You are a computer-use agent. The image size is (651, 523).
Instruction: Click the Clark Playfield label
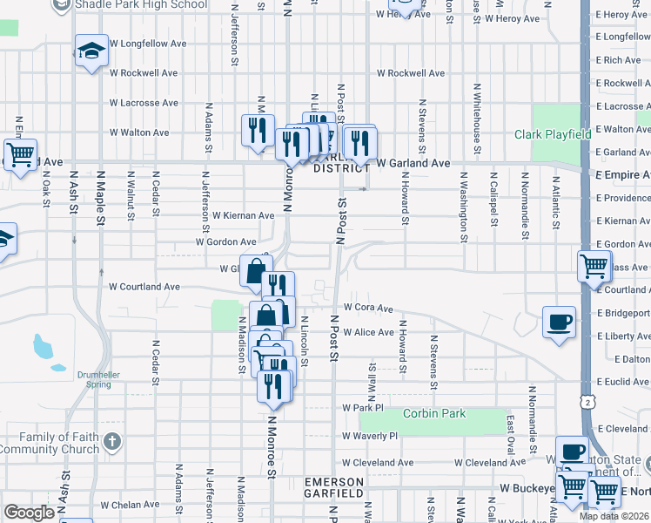click(x=553, y=134)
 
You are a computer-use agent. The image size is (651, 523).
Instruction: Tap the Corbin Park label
click(x=440, y=414)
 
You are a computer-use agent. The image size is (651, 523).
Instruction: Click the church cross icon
click(x=111, y=441)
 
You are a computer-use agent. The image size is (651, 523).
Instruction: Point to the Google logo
click(x=29, y=512)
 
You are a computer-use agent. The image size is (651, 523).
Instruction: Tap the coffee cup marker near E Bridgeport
click(x=558, y=322)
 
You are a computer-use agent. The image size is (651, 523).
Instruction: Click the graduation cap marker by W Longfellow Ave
click(x=91, y=50)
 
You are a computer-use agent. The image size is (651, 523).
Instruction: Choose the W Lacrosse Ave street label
click(x=144, y=103)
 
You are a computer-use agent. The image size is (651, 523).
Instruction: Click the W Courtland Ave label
click(x=144, y=286)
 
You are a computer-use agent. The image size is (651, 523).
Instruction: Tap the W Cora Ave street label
click(x=368, y=308)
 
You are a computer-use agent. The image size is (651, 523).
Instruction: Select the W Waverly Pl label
click(x=370, y=436)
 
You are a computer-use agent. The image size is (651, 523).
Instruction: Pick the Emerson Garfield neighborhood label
click(x=333, y=487)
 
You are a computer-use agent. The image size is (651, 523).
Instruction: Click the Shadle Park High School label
click(x=141, y=4)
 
